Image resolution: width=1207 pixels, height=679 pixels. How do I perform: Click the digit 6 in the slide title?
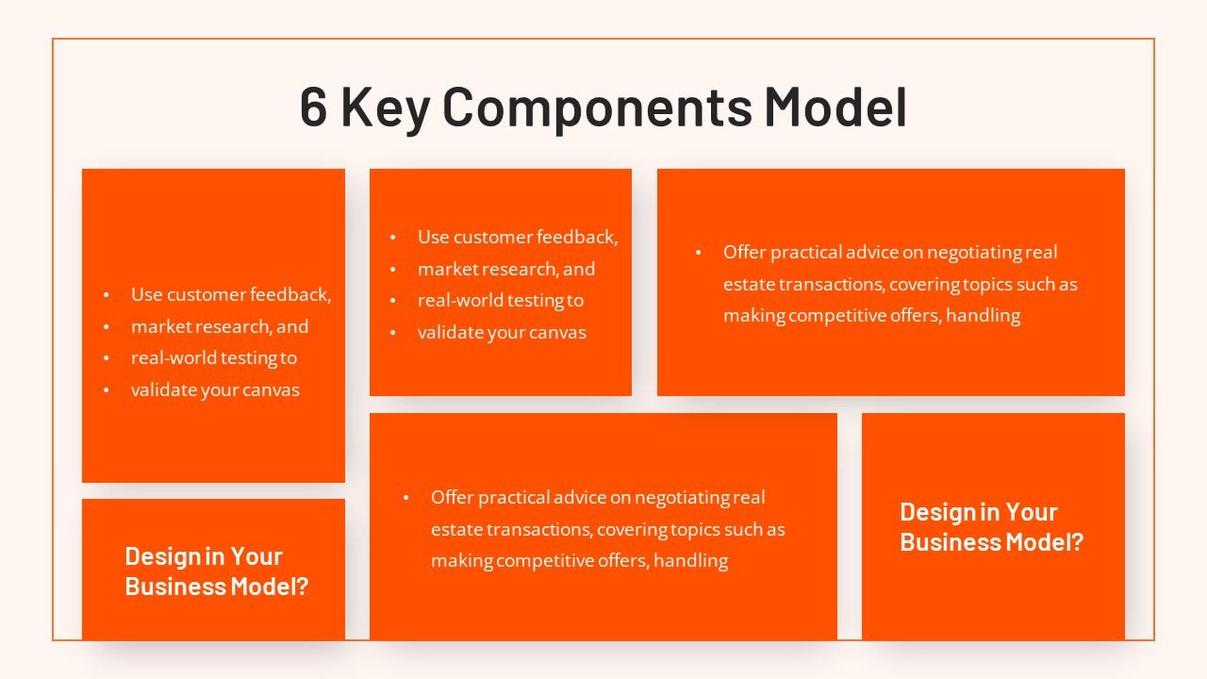coord(314,107)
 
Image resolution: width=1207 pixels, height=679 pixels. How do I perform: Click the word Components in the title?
coord(597,108)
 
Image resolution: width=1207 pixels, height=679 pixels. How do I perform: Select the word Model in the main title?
coord(835,107)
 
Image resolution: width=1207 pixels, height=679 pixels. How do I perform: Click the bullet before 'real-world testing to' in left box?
coord(107,358)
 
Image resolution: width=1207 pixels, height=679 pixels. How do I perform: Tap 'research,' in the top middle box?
coord(523,269)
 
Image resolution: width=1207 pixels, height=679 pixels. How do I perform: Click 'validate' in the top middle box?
coord(450,333)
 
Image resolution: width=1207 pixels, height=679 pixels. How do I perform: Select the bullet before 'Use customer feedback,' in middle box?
coord(394,238)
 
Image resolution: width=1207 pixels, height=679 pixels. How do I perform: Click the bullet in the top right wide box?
coord(699,253)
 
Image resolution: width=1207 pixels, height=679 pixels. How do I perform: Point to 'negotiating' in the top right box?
coord(973,253)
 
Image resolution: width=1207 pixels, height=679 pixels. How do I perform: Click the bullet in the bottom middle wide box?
coord(406,498)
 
